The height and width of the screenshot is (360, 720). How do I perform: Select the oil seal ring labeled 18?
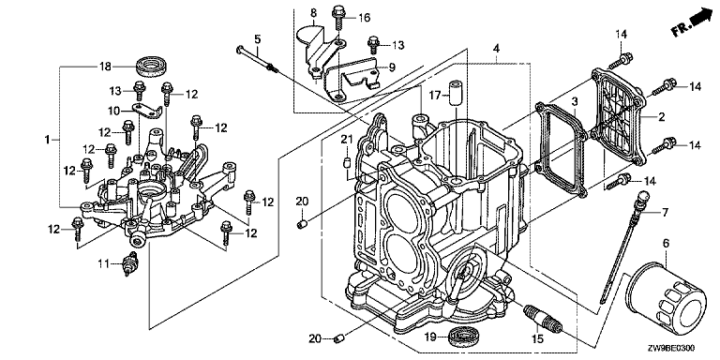click(153, 67)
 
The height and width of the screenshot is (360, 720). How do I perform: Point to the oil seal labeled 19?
click(465, 338)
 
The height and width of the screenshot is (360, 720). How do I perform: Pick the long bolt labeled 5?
click(258, 59)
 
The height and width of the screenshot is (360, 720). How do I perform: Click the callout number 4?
click(496, 48)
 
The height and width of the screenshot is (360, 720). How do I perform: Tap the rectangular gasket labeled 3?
click(561, 150)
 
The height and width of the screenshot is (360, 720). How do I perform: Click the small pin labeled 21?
click(348, 163)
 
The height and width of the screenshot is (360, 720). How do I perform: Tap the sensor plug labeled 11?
click(129, 264)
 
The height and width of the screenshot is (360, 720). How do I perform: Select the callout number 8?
click(314, 12)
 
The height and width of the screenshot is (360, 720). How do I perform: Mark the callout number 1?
click(47, 139)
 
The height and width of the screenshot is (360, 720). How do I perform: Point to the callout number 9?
click(392, 67)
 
